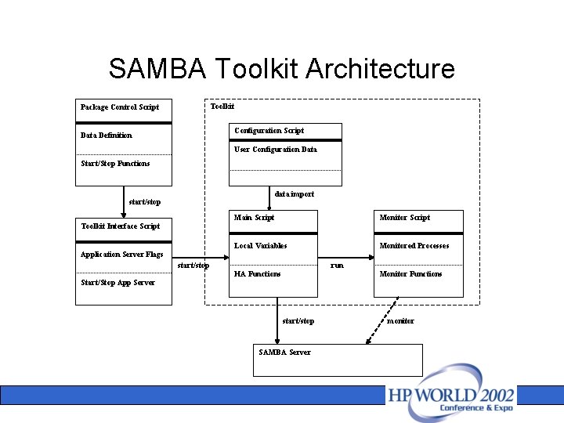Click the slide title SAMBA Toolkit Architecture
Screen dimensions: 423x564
point(282,69)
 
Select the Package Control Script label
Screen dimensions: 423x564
point(119,107)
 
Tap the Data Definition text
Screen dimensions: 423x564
point(107,136)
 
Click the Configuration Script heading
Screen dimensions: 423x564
point(269,131)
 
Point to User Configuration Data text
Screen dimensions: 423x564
point(275,150)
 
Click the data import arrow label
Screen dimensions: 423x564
point(295,194)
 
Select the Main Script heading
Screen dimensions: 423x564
point(254,218)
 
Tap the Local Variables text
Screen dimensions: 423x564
point(260,246)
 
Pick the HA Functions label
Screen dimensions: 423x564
point(257,274)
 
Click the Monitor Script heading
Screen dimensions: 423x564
point(404,218)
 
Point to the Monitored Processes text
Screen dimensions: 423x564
point(414,246)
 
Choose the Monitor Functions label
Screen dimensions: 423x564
point(410,274)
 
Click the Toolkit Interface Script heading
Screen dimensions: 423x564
point(120,226)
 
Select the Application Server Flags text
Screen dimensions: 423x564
point(121,255)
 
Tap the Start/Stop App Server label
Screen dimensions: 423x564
point(117,283)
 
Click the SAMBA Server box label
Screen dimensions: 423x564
point(284,352)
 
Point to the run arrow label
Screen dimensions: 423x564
point(337,266)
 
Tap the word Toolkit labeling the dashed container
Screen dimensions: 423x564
point(222,106)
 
